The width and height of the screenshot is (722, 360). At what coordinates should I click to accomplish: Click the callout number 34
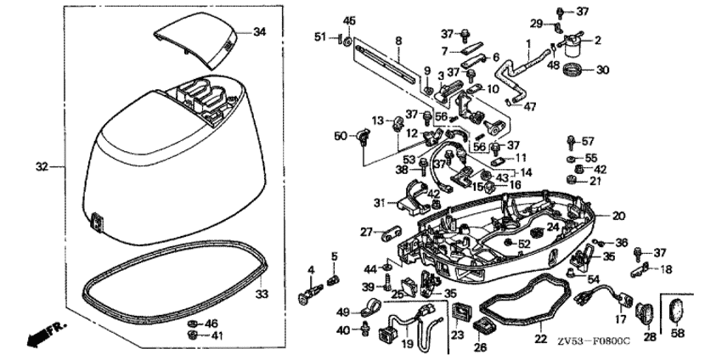pyautogui.click(x=260, y=31)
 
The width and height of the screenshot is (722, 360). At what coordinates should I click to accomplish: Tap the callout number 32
pyautogui.click(x=40, y=166)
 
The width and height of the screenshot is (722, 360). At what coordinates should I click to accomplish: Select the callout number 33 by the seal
pyautogui.click(x=262, y=294)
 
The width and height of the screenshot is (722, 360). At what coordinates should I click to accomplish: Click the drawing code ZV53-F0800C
pyautogui.click(x=594, y=341)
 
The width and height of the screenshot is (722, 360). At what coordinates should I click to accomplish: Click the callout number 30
pyautogui.click(x=602, y=70)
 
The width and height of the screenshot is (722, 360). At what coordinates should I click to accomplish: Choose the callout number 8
pyautogui.click(x=398, y=39)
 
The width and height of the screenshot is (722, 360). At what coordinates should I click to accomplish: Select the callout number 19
pyautogui.click(x=406, y=344)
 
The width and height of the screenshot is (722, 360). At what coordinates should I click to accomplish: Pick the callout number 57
pyautogui.click(x=588, y=141)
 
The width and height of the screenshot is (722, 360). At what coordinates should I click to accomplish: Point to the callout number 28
pyautogui.click(x=650, y=337)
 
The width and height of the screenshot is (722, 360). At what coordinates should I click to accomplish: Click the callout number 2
pyautogui.click(x=597, y=40)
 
